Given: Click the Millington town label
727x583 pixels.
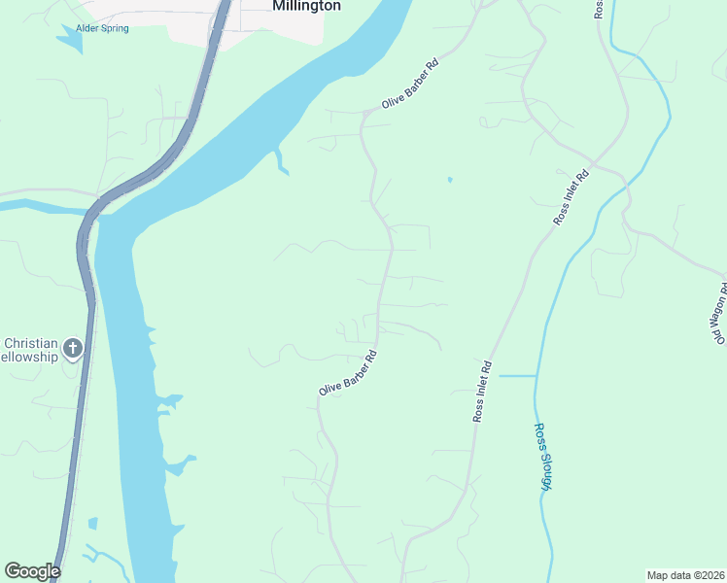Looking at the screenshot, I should point(306,6).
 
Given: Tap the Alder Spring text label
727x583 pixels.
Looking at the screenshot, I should point(102,28).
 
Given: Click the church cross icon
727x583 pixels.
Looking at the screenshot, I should point(73,348).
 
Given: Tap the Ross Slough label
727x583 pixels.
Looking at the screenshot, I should point(541,457).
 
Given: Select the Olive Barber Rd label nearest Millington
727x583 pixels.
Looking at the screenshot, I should point(410,84).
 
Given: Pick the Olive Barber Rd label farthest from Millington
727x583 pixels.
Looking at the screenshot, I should point(347,374).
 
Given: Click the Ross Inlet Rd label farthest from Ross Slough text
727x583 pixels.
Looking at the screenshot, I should point(571,199).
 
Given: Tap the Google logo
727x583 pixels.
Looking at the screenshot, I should point(32,571).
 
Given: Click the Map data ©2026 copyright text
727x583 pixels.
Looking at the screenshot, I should point(685,575).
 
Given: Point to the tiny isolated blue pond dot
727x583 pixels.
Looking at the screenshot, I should point(449,180).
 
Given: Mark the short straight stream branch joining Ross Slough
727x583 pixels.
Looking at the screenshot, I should point(516,375).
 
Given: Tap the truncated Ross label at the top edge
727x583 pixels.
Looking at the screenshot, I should point(598,8).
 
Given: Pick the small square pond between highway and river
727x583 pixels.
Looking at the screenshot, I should point(92,524).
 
